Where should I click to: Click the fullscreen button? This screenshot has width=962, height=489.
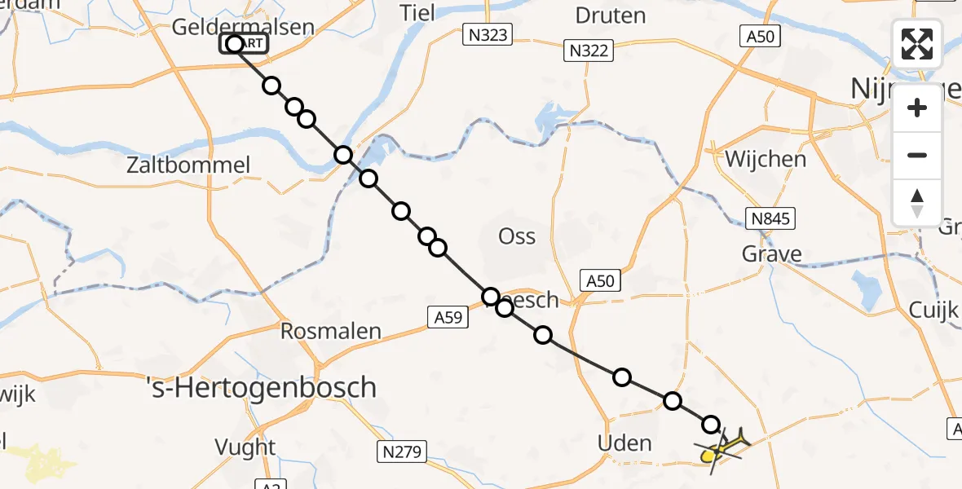pos(917,43)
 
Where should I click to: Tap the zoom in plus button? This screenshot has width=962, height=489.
pos(917,108)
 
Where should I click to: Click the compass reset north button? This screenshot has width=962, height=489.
pos(917,203)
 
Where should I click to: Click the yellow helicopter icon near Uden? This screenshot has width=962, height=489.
pos(722,446)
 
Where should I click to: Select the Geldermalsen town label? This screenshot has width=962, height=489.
pos(243,27)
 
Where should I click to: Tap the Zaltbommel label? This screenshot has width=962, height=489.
pos(188,165)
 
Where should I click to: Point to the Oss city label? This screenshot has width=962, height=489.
pos(517,236)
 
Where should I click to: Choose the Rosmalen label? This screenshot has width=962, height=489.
pos(331,331)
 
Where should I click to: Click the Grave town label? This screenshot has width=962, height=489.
pos(771,254)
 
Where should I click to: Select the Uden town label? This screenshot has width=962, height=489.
pos(624,443)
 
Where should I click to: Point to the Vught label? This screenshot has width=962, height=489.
pos(245,447)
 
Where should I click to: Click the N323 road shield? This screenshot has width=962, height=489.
pos(488,34)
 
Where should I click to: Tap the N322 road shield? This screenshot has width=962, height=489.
pos(589,51)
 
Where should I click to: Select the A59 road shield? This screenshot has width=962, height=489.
pos(447,318)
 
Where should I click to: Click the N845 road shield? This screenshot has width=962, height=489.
pos(770,218)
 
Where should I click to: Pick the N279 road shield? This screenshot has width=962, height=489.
pos(403,450)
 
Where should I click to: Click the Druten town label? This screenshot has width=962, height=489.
pos(611,15)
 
